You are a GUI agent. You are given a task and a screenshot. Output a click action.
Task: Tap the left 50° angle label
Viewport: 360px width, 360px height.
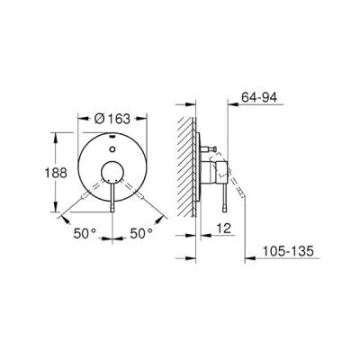[85, 233]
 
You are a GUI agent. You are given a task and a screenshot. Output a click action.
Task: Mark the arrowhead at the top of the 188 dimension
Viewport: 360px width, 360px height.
[58, 134]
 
